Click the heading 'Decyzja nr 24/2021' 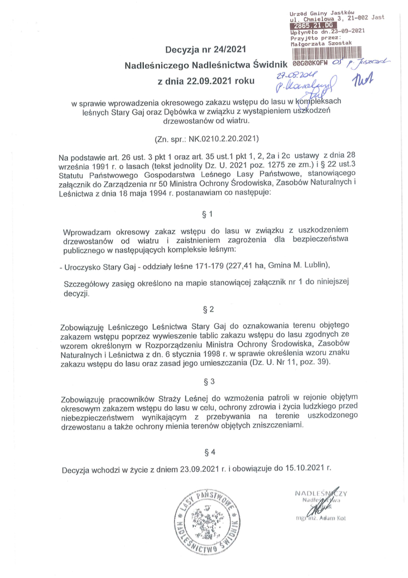(206, 50)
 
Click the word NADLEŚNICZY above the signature (321, 493)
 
